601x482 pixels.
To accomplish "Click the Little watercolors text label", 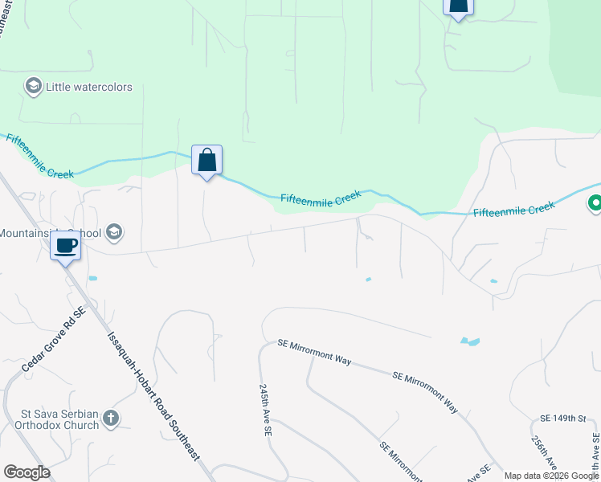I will (88, 87).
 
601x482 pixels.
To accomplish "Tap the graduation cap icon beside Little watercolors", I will (33, 87).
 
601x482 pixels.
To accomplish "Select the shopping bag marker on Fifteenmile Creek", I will (206, 161).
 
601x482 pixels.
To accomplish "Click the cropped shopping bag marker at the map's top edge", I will (457, 7).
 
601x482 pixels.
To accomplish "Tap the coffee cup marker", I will (65, 245).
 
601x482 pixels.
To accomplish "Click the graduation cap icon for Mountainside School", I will (113, 233).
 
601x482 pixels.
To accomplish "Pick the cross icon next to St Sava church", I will (112, 418).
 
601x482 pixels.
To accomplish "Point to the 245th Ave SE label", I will (265, 409).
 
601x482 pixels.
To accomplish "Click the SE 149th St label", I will (558, 419).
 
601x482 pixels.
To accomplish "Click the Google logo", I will (27, 472).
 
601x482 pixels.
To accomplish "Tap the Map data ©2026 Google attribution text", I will (551, 476).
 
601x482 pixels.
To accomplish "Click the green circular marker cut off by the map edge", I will (595, 205).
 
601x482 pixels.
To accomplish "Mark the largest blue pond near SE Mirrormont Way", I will (470, 341).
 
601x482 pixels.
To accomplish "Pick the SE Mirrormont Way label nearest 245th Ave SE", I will (314, 353).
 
